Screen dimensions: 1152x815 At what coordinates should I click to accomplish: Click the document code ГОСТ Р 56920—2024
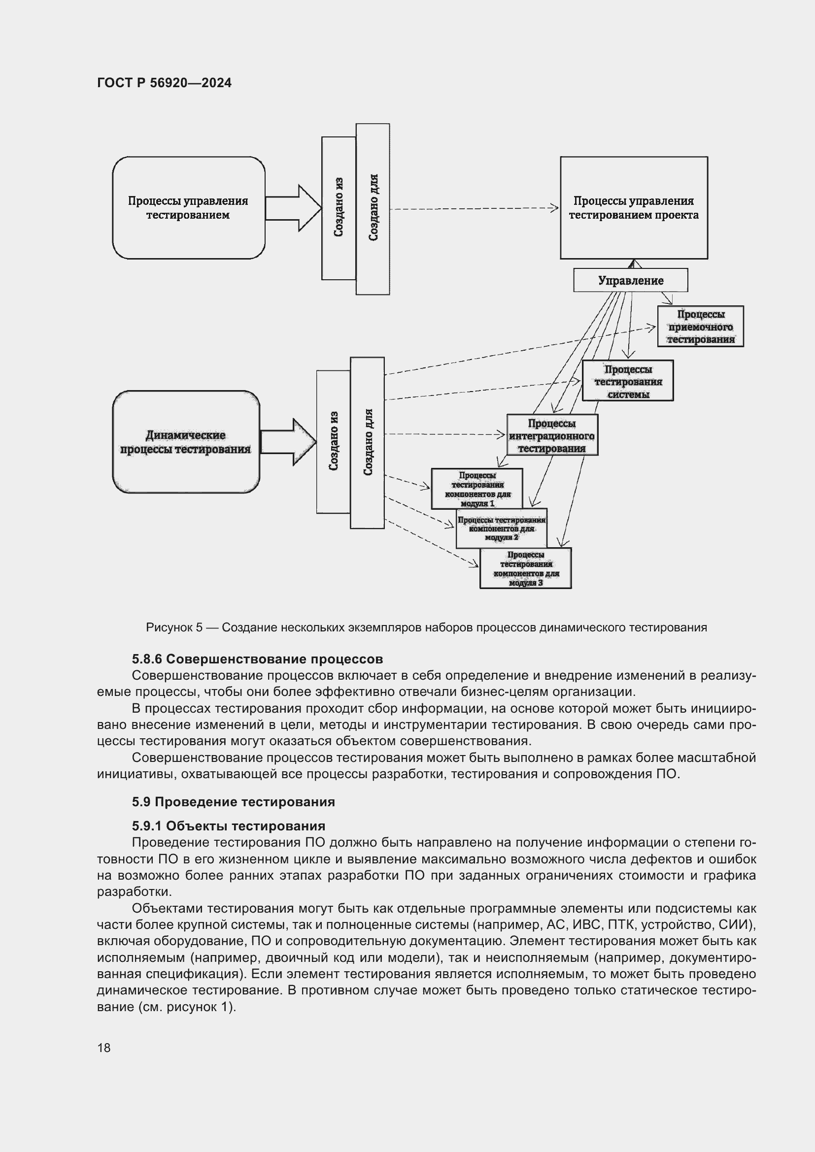164,83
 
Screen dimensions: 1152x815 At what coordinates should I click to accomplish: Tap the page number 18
104,1048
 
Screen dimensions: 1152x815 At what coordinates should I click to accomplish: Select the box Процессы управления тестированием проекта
633,208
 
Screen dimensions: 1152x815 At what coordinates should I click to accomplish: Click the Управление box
630,280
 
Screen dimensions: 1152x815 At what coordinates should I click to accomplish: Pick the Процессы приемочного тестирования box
700,327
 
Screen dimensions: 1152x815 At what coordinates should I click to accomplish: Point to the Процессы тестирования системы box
627,381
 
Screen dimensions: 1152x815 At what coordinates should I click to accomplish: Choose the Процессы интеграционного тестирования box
551,435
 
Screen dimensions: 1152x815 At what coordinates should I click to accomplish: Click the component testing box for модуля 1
477,488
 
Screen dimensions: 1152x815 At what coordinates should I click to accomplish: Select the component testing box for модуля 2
501,529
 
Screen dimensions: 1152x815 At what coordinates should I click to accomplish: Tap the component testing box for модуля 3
525,568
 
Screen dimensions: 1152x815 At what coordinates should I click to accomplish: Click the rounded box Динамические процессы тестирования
186,442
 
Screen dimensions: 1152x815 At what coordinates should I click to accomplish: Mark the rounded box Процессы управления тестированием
188,208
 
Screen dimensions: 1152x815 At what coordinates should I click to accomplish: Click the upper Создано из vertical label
339,208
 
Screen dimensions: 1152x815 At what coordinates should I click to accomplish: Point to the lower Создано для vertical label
368,443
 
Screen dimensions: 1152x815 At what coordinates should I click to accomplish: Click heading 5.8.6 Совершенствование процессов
257,659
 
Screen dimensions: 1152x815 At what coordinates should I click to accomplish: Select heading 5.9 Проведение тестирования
234,802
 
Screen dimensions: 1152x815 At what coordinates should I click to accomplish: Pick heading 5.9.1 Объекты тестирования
228,826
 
